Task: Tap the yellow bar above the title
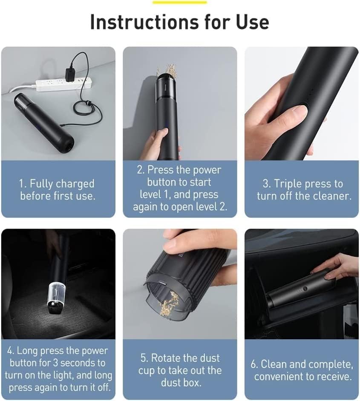(179, 2)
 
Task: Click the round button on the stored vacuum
(305, 289)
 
